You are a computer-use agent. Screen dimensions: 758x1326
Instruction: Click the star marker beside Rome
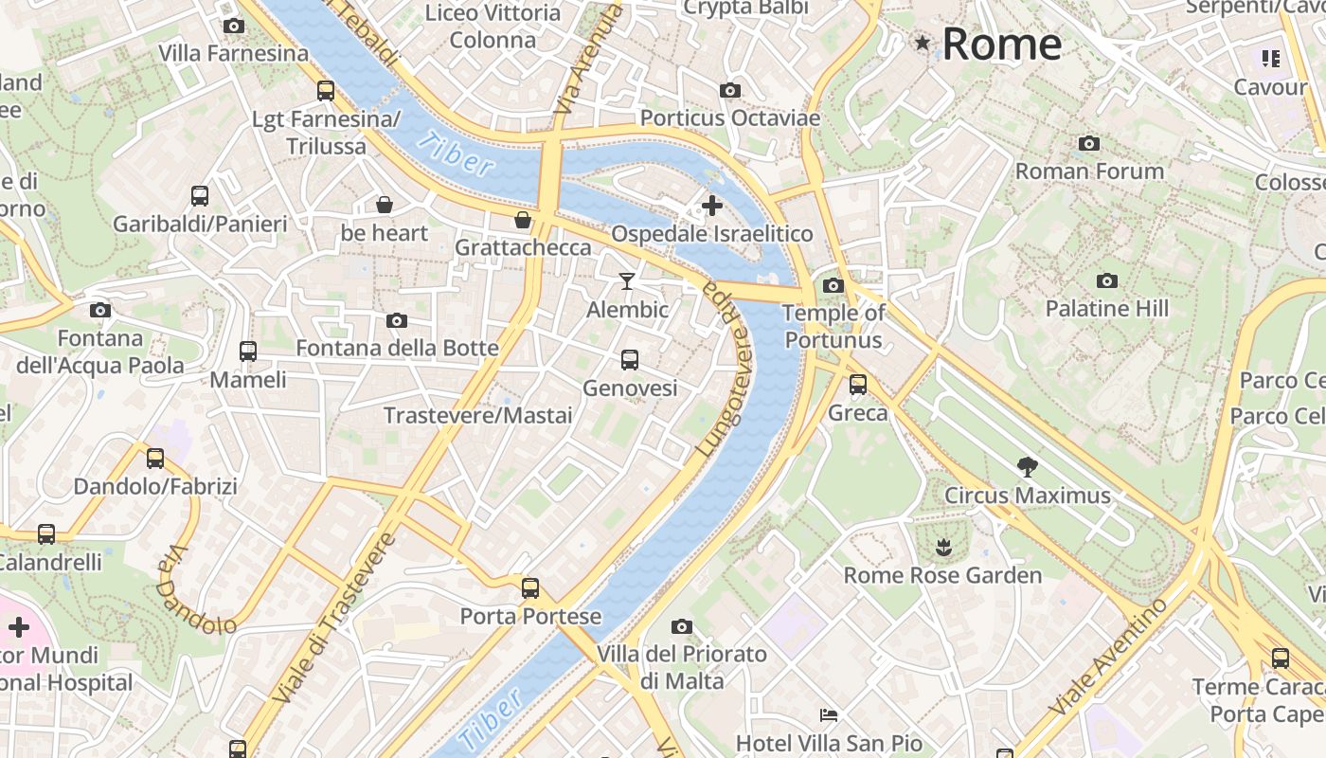click(x=923, y=43)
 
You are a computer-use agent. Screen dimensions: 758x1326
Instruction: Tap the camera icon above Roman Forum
click(x=1089, y=144)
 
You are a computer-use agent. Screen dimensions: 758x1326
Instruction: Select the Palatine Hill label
click(x=1106, y=309)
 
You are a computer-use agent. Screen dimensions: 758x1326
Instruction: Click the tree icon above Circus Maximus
click(x=1027, y=466)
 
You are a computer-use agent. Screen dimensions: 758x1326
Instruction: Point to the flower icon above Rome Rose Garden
click(x=942, y=547)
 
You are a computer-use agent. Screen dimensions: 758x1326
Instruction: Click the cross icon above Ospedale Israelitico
click(x=711, y=205)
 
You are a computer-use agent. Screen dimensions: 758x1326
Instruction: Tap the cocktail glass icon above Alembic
click(x=626, y=280)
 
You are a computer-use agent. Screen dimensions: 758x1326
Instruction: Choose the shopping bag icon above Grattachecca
click(x=522, y=221)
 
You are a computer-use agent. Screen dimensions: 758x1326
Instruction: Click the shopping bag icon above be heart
click(x=385, y=205)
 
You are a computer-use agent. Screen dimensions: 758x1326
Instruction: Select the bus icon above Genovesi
click(x=630, y=360)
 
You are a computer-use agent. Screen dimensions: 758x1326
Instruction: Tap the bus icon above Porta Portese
click(x=530, y=587)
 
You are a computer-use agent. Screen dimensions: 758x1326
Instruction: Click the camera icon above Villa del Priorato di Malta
click(x=681, y=626)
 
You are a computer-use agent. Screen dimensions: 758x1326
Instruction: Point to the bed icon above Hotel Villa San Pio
click(x=829, y=714)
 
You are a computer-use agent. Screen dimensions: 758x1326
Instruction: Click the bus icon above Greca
click(x=858, y=385)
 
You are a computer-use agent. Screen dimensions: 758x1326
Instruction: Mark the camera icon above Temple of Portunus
click(x=833, y=285)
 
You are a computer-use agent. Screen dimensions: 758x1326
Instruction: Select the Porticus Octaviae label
click(x=729, y=118)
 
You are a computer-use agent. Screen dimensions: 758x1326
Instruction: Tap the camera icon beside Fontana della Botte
click(x=397, y=321)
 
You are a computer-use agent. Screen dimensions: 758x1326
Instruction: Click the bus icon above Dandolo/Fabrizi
click(x=155, y=459)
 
